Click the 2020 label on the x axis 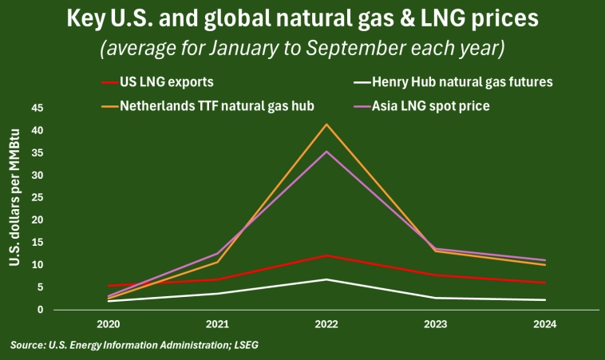pyautogui.click(x=109, y=325)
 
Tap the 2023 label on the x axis pyautogui.click(x=435, y=325)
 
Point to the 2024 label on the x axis pyautogui.click(x=544, y=325)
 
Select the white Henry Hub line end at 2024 pyautogui.click(x=544, y=300)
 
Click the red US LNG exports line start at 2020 pyautogui.click(x=109, y=285)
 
